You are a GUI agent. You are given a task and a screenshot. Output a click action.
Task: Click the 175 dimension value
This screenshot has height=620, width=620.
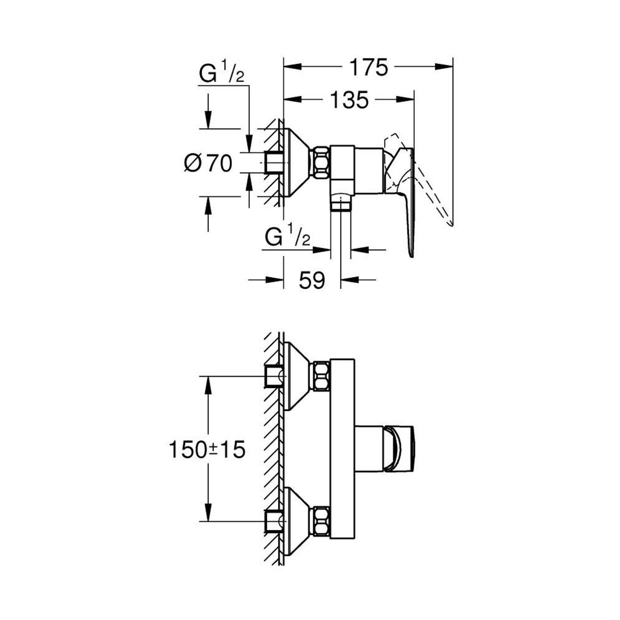[x=368, y=68]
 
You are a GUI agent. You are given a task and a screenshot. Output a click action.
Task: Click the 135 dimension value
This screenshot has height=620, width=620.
[x=352, y=99]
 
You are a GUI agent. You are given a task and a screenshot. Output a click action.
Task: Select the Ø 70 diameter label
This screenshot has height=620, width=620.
[x=208, y=163]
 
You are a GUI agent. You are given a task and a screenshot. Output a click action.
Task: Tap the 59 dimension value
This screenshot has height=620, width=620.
[x=311, y=280]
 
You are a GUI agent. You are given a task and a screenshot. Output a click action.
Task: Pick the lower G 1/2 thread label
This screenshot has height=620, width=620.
[x=288, y=237]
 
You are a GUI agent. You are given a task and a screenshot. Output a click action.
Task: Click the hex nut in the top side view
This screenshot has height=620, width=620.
[x=322, y=163]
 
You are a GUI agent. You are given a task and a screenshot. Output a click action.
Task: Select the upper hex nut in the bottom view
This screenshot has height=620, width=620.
[x=322, y=376]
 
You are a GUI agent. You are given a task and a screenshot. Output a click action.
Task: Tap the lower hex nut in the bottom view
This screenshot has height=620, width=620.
[x=322, y=522]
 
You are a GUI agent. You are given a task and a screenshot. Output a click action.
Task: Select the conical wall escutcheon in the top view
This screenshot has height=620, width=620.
[x=296, y=163]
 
